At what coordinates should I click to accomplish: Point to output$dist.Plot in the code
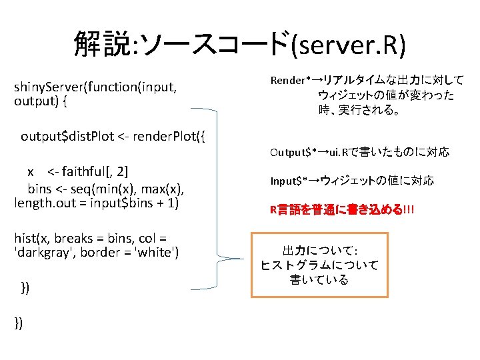coord(67,137)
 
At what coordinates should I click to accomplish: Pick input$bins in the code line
coord(118,202)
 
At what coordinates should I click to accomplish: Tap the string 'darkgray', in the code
coord(43,253)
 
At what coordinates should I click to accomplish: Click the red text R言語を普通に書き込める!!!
coord(341,209)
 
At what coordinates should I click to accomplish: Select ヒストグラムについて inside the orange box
coord(319,265)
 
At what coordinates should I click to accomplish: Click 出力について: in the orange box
coord(319,251)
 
